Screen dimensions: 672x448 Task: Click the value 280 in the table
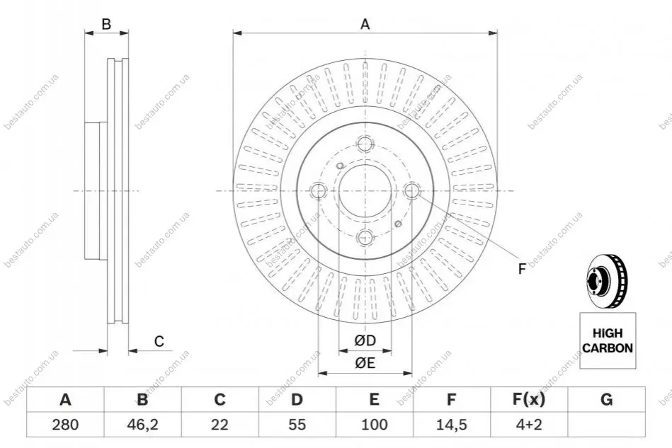65,425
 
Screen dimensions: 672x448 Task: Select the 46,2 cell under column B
142,425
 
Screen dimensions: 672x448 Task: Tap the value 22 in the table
220,425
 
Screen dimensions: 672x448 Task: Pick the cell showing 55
297,425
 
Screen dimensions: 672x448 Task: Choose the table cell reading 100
374,425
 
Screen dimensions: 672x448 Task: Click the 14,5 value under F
451,425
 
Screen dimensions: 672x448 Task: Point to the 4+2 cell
529,425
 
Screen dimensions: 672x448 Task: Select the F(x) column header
529,399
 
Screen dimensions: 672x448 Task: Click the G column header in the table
606,399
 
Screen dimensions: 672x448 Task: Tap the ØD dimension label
365,340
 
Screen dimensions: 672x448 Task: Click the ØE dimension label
365,363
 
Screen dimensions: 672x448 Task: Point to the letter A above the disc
365,24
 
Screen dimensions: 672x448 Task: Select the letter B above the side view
106,24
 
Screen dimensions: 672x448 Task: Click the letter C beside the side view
159,341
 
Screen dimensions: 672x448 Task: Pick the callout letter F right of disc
522,269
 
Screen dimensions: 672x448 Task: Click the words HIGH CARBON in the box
608,340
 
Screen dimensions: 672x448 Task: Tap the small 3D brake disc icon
606,282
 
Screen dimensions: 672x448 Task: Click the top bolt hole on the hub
365,144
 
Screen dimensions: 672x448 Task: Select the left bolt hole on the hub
319,190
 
